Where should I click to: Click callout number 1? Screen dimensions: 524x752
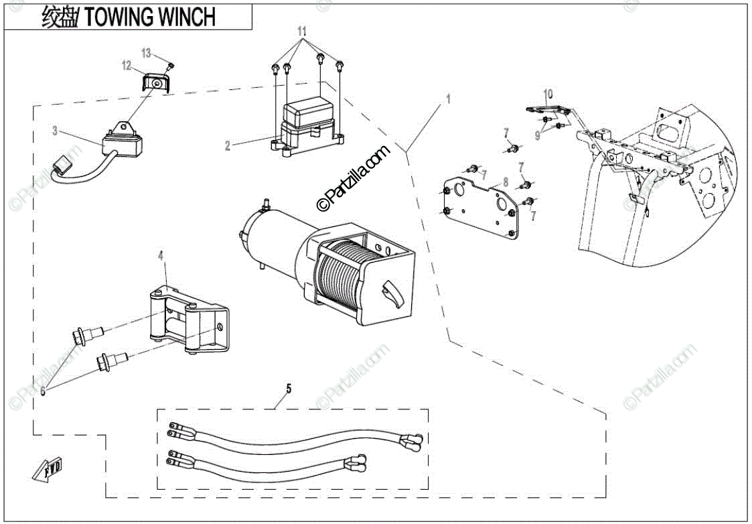tap(449, 98)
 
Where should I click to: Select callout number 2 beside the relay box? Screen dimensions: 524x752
tap(228, 145)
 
